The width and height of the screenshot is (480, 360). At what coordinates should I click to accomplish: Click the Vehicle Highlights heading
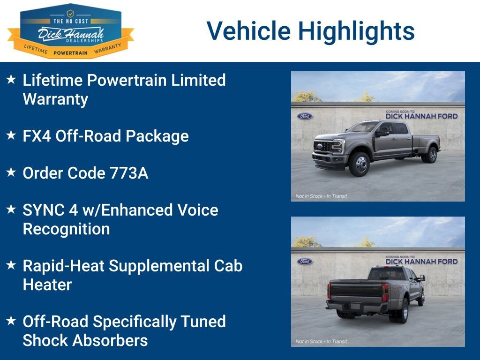(310, 31)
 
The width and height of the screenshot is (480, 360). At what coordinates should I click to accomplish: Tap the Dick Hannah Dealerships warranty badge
(71, 31)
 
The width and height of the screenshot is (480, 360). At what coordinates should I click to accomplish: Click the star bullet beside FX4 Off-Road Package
(11, 135)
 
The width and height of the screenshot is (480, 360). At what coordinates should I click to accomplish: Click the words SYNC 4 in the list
(50, 210)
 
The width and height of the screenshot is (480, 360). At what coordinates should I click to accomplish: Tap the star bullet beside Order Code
(11, 172)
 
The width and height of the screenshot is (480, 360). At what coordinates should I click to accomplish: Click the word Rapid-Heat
(63, 266)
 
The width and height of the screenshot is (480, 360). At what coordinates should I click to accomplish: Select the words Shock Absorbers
(85, 340)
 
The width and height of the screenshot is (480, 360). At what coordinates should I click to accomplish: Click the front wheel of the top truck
(359, 164)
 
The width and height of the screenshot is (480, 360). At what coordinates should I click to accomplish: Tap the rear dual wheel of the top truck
(432, 155)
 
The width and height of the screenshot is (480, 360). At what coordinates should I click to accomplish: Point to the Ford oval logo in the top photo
(305, 116)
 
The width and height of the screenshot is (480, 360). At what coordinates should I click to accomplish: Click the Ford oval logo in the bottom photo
(305, 262)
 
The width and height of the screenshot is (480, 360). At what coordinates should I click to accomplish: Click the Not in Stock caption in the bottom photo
(322, 341)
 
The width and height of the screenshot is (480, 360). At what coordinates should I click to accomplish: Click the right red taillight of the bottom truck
(385, 292)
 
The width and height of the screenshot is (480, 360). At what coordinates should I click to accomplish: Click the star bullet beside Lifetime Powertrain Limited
(11, 79)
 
